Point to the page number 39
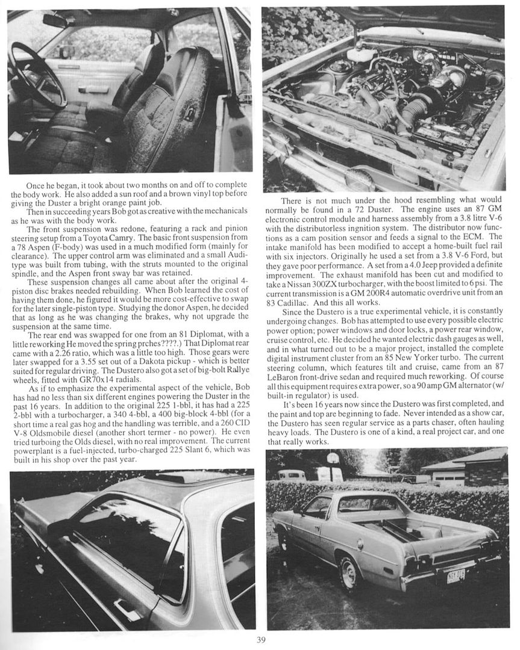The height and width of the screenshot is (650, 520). coord(260,640)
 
